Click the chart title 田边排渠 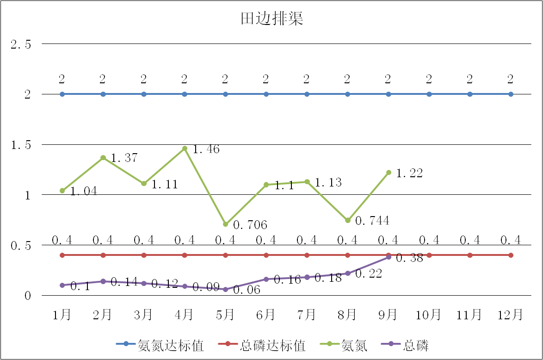271,19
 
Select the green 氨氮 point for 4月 185,149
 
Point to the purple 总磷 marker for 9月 389,257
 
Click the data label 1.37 124,158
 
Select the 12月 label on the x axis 510,315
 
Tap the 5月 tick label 225,315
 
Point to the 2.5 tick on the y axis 21,44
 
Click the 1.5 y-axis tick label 21,145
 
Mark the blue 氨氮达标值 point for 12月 511,94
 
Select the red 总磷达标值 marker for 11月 470,255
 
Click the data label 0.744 372,221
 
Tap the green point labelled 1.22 389,173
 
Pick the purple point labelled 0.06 226,290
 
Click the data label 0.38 409,259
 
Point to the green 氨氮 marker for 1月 62,191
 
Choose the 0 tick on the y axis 27,296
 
